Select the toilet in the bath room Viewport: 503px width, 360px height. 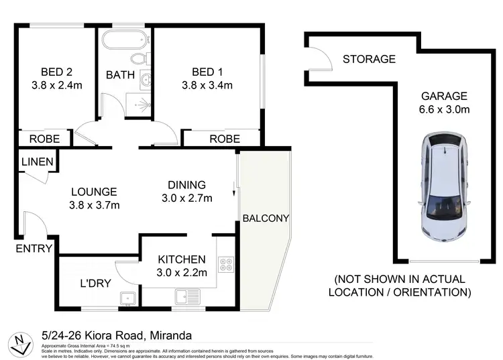pyautogui.click(x=138, y=60)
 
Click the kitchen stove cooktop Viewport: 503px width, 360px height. pyautogui.click(x=226, y=265)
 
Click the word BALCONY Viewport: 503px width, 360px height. pyautogui.click(x=266, y=218)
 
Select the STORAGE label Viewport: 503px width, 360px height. pyautogui.click(x=369, y=59)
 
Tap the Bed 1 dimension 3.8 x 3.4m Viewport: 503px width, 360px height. pyautogui.click(x=207, y=85)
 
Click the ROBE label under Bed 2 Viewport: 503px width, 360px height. pyautogui.click(x=44, y=139)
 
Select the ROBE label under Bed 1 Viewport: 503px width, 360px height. pyautogui.click(x=225, y=139)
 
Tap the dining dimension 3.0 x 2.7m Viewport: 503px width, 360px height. pyautogui.click(x=186, y=198)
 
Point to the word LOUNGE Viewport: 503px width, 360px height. pyautogui.click(x=94, y=192)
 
